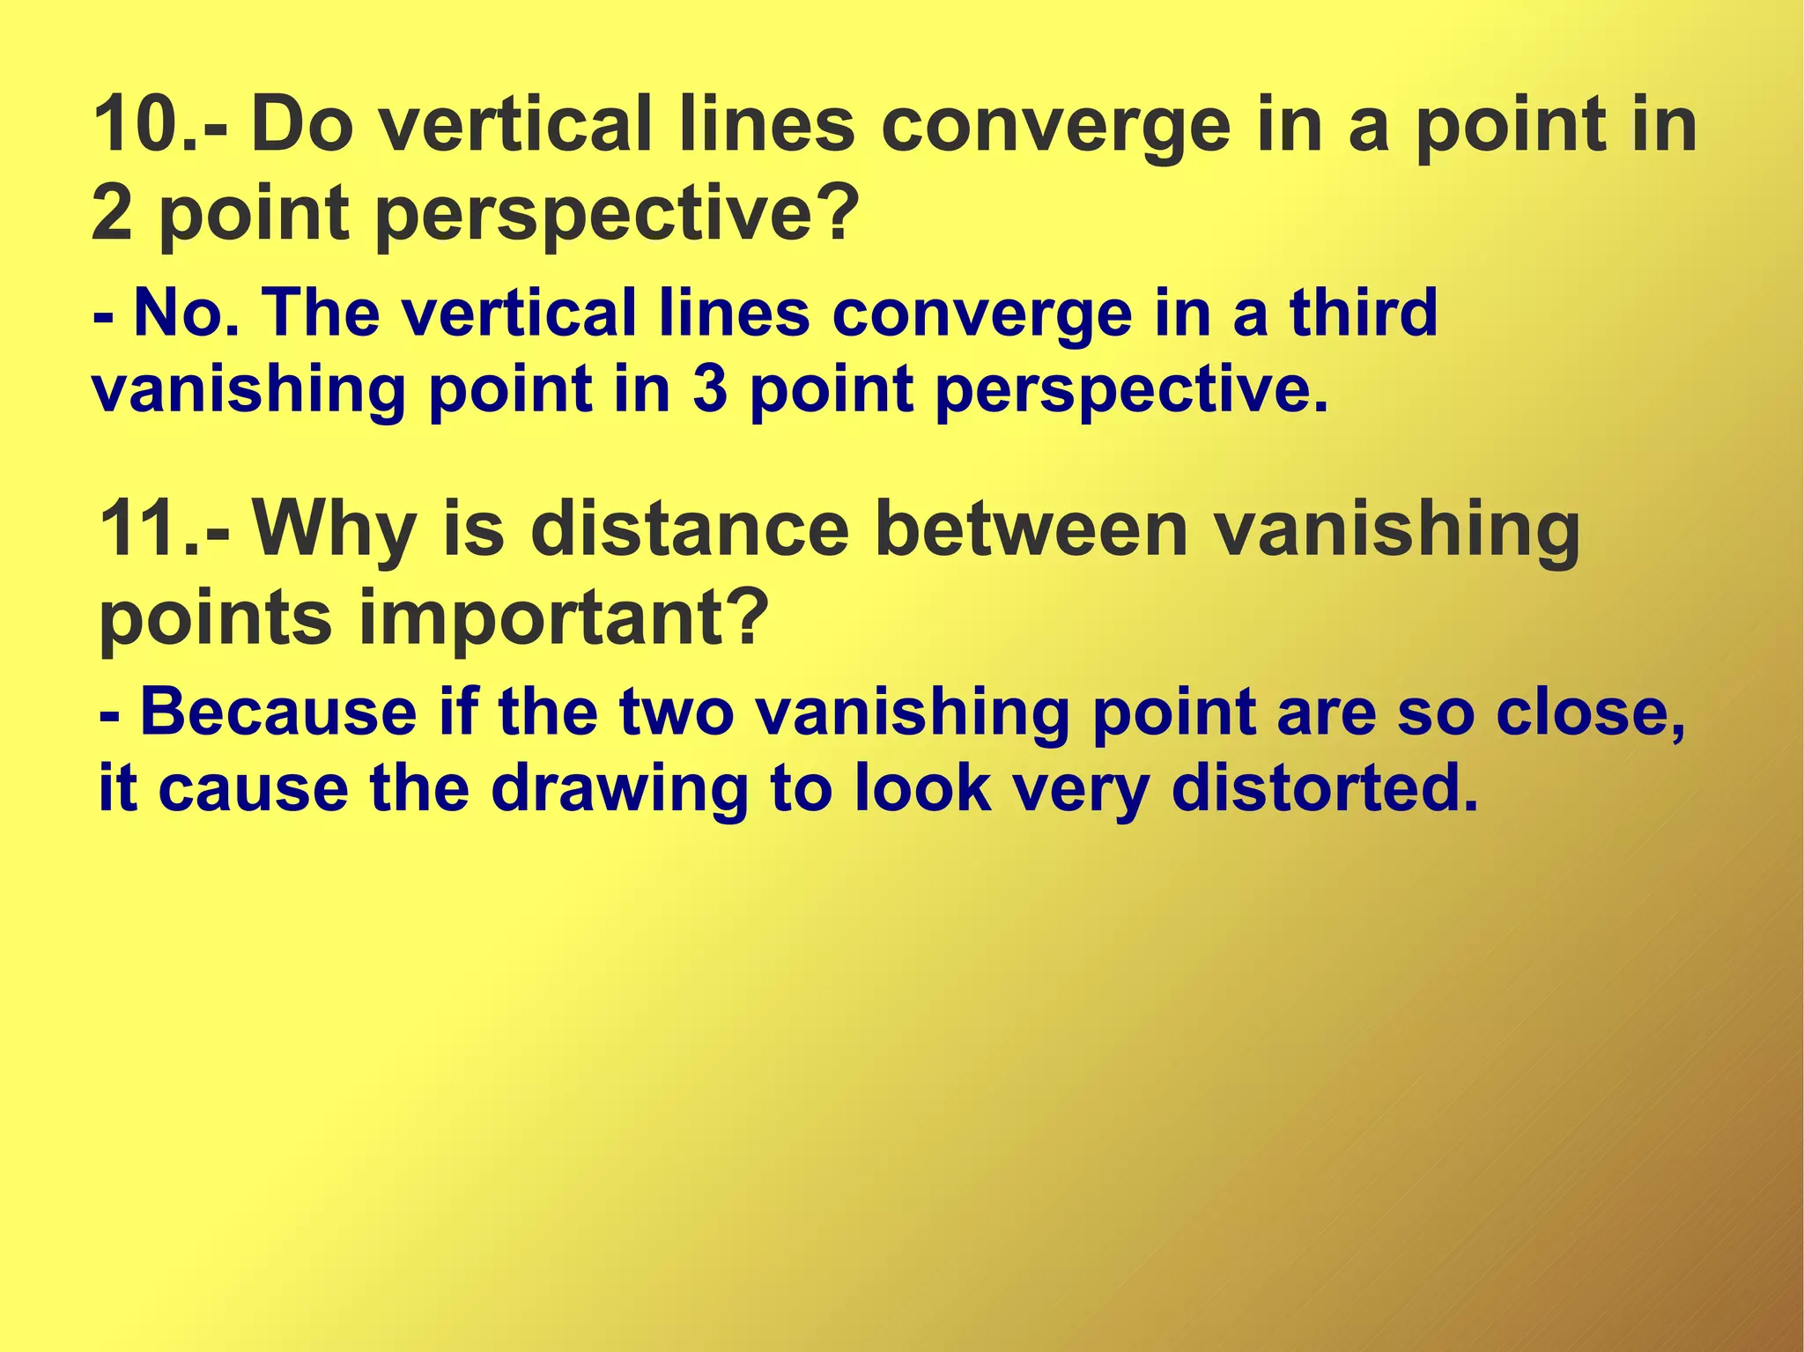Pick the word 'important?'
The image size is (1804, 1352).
coord(564,619)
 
